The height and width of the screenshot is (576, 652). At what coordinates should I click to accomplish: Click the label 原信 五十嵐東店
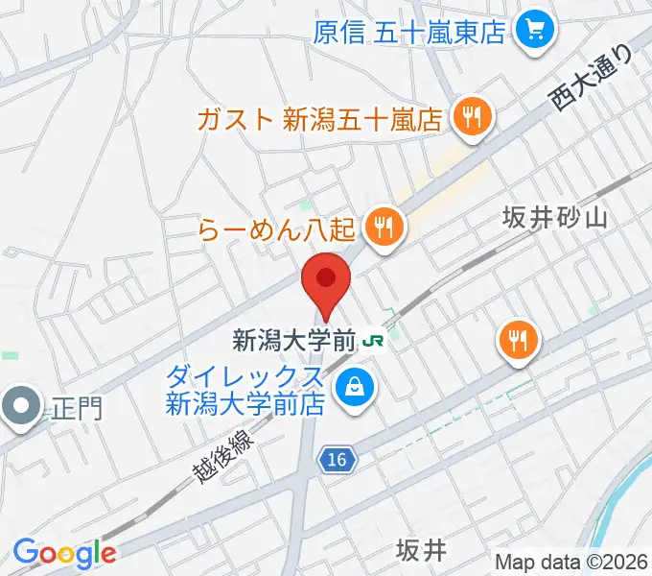(x=409, y=33)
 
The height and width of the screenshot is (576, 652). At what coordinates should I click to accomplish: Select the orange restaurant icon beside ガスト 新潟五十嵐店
(x=473, y=119)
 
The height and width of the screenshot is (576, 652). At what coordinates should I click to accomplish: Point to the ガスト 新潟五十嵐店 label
(x=318, y=120)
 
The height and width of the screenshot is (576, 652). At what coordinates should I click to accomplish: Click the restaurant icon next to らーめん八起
(x=385, y=228)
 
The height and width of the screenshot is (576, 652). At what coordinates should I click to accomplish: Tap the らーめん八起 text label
(x=278, y=229)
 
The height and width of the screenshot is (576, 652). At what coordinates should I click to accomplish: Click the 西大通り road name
(x=593, y=80)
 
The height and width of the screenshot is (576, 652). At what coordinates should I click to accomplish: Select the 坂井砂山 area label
(x=554, y=220)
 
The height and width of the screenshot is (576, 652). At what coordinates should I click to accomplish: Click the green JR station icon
(x=374, y=340)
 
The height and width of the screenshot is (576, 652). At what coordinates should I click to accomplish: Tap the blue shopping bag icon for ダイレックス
(x=355, y=388)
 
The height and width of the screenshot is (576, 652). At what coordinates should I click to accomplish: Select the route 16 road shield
(x=335, y=462)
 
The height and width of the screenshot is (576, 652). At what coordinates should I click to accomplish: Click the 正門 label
(x=75, y=409)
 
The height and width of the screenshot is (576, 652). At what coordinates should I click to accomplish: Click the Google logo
(x=64, y=553)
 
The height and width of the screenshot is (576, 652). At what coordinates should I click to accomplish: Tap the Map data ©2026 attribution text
(x=571, y=562)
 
